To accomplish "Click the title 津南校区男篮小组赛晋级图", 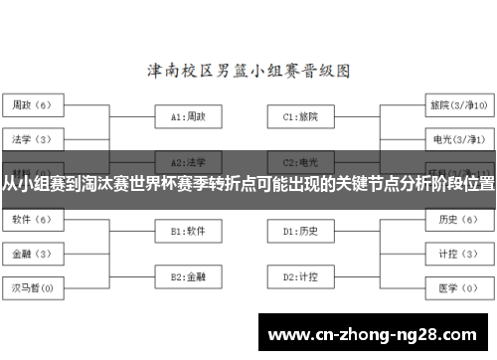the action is [248, 72].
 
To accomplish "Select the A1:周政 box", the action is [188, 116].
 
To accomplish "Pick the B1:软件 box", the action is [188, 231].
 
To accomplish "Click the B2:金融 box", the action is [188, 275].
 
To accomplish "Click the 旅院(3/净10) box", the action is [458, 104].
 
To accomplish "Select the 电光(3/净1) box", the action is [458, 138].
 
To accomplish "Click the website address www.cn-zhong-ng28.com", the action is [374, 332].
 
